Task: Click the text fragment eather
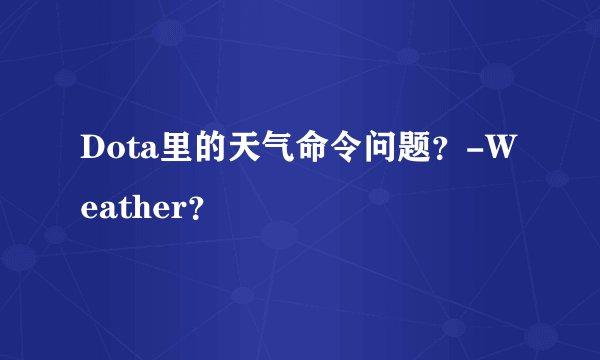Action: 131,209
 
